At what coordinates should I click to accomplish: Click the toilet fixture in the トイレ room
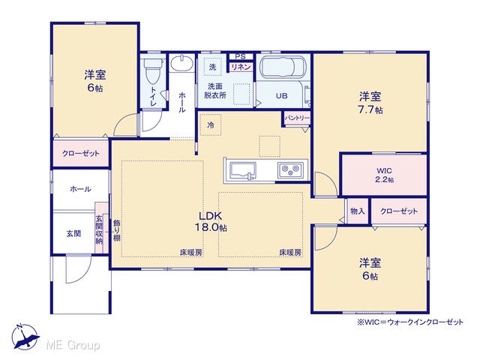point(152,70)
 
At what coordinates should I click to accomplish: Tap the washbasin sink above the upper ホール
point(181,63)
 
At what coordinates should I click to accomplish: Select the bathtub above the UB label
point(283,67)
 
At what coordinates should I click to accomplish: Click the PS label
point(241,57)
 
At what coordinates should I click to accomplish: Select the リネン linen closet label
point(241,67)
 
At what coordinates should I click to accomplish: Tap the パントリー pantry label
point(297,118)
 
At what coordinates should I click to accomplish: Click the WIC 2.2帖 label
point(385,175)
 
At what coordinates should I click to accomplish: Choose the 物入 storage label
point(358,211)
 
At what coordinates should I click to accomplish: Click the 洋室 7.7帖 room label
point(370,103)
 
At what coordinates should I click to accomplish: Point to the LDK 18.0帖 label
point(211,222)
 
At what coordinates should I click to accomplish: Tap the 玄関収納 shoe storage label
point(99,229)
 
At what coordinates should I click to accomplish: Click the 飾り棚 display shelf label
point(117,230)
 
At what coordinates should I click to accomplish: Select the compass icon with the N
point(25,337)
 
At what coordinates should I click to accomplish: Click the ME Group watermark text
point(73,345)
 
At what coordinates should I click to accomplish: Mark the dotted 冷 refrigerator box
point(211,125)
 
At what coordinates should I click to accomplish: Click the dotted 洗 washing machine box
point(213,67)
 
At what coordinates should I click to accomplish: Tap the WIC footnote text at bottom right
point(410,322)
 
